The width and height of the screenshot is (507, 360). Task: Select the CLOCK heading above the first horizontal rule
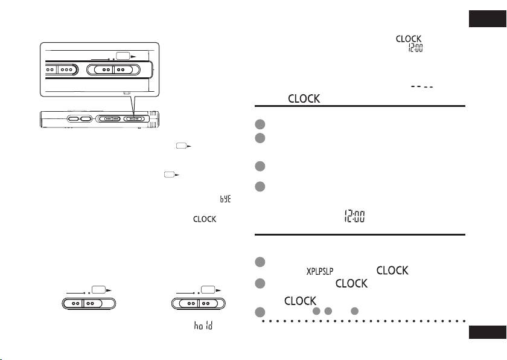coord(304,99)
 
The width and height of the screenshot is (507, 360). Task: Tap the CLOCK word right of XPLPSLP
coord(392,271)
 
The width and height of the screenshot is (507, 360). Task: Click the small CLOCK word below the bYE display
coord(205,219)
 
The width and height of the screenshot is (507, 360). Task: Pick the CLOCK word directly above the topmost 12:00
coord(408,39)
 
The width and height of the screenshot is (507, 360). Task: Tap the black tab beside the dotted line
coord(488,332)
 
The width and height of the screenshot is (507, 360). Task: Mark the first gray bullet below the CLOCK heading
coord(260,124)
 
